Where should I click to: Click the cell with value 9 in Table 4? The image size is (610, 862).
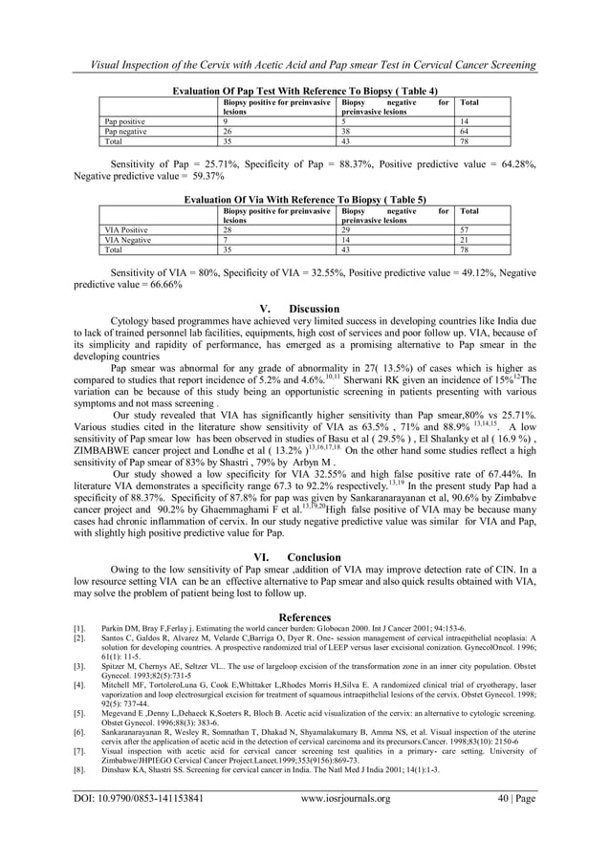pyautogui.click(x=226, y=122)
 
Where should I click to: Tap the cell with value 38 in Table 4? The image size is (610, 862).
pyautogui.click(x=348, y=131)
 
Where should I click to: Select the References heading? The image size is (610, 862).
pyautogui.click(x=305, y=617)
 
